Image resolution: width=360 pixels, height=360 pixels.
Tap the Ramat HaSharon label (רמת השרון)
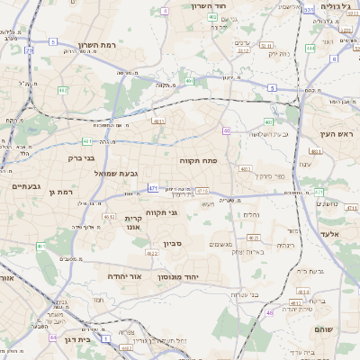pos(98,44)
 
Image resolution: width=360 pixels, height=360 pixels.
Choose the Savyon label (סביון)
pos(174,243)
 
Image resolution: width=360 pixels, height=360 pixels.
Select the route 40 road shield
pos(227,131)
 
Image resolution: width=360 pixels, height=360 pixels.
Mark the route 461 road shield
pos(40,246)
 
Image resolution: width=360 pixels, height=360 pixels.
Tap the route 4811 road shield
pos(157,121)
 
